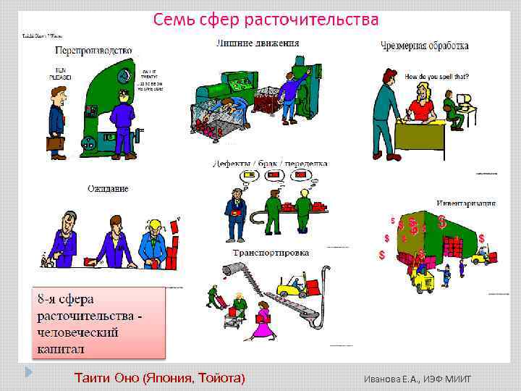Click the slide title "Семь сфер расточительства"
click(x=266, y=20)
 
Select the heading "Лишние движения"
click(x=257, y=43)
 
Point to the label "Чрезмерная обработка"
click(x=424, y=46)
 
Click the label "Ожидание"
click(x=108, y=189)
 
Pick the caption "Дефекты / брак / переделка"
click(x=271, y=164)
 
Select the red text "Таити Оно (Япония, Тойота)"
click(x=160, y=377)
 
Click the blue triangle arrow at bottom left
click(x=28, y=372)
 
